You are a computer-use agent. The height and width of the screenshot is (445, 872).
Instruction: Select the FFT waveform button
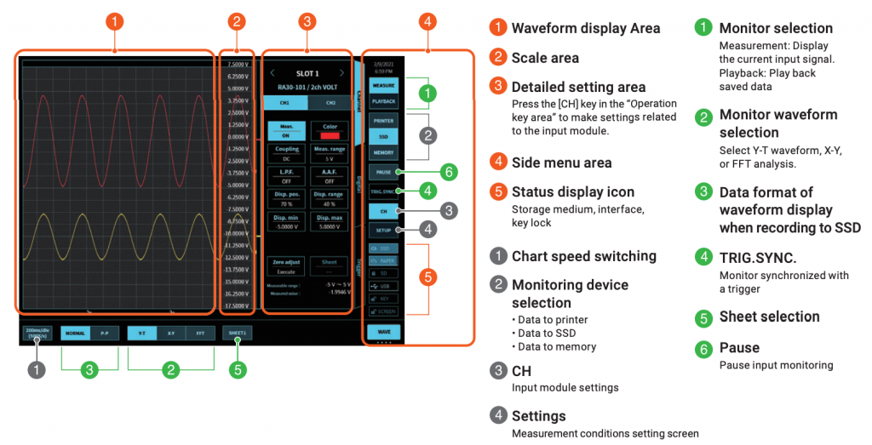click(199, 334)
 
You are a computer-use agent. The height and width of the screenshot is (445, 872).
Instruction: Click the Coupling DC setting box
click(286, 153)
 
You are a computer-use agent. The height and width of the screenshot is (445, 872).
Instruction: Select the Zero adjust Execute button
click(286, 266)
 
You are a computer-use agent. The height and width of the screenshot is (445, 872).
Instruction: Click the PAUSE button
click(383, 172)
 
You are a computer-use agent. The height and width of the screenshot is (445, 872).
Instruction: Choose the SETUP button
click(383, 230)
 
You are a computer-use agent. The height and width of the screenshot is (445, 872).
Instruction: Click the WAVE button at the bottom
click(383, 330)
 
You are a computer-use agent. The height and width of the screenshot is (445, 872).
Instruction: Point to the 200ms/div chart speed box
click(37, 334)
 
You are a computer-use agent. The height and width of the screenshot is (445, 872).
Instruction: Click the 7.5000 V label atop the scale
click(235, 64)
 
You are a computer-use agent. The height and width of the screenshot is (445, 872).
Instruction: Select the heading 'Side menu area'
click(561, 162)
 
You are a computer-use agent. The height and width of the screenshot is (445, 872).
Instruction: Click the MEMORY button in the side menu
click(383, 152)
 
